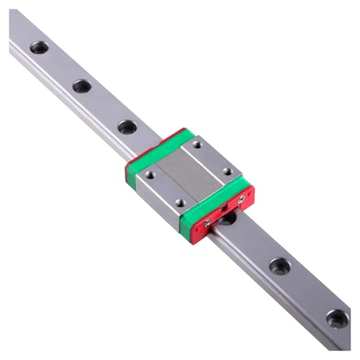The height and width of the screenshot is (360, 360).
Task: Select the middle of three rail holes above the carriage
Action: tap(81, 86)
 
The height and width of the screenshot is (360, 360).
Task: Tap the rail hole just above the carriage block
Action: tap(127, 127)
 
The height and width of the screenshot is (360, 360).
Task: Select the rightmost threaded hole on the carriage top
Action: tap(228, 172)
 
